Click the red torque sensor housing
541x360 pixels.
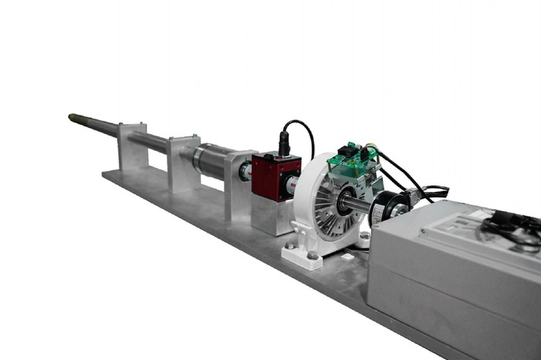(274, 176)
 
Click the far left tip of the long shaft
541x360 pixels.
(72, 117)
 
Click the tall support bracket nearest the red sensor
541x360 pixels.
(238, 185)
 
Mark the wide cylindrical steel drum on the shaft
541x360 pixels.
(212, 161)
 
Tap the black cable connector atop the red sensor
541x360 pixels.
(284, 146)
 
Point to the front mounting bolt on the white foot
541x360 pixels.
(312, 255)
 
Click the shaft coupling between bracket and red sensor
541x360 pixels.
(246, 171)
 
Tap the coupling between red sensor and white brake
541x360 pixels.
(293, 186)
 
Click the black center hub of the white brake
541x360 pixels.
(344, 204)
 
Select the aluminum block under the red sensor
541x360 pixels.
(271, 215)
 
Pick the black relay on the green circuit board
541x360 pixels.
(347, 149)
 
